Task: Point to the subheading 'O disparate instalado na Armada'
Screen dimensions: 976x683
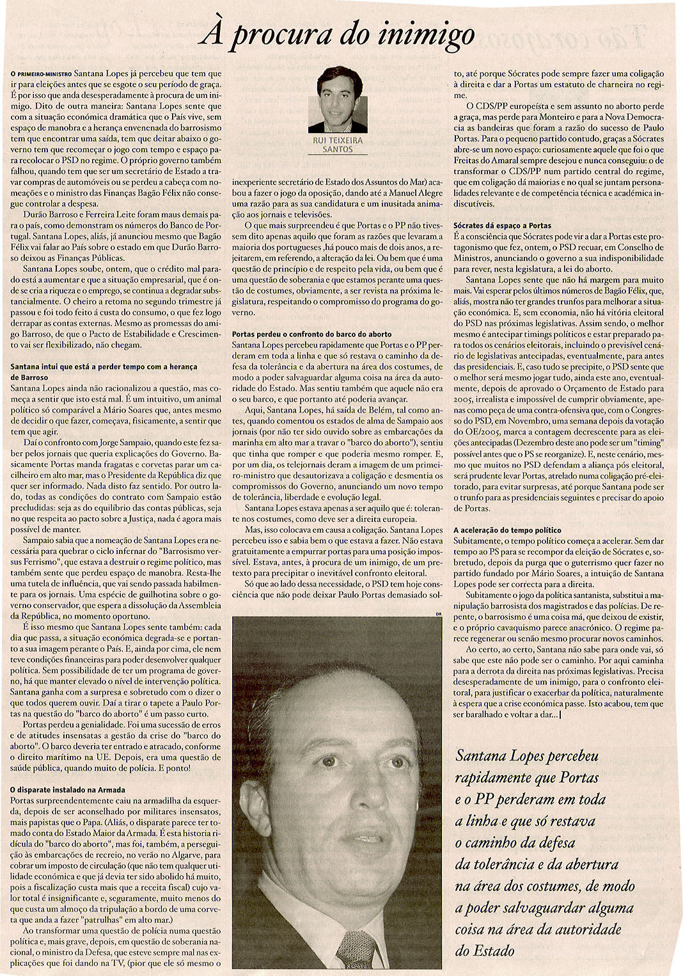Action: pos(68,789)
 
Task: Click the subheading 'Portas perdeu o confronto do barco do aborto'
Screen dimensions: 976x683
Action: pos(311,334)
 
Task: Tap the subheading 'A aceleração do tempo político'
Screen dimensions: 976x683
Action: pos(507,530)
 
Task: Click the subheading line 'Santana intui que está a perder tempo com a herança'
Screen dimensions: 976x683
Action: pos(104,366)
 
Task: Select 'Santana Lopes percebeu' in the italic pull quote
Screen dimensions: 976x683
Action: pos(526,756)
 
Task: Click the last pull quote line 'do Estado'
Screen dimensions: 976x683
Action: pos(484,950)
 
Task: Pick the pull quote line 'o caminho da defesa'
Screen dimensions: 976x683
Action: pos(515,842)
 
